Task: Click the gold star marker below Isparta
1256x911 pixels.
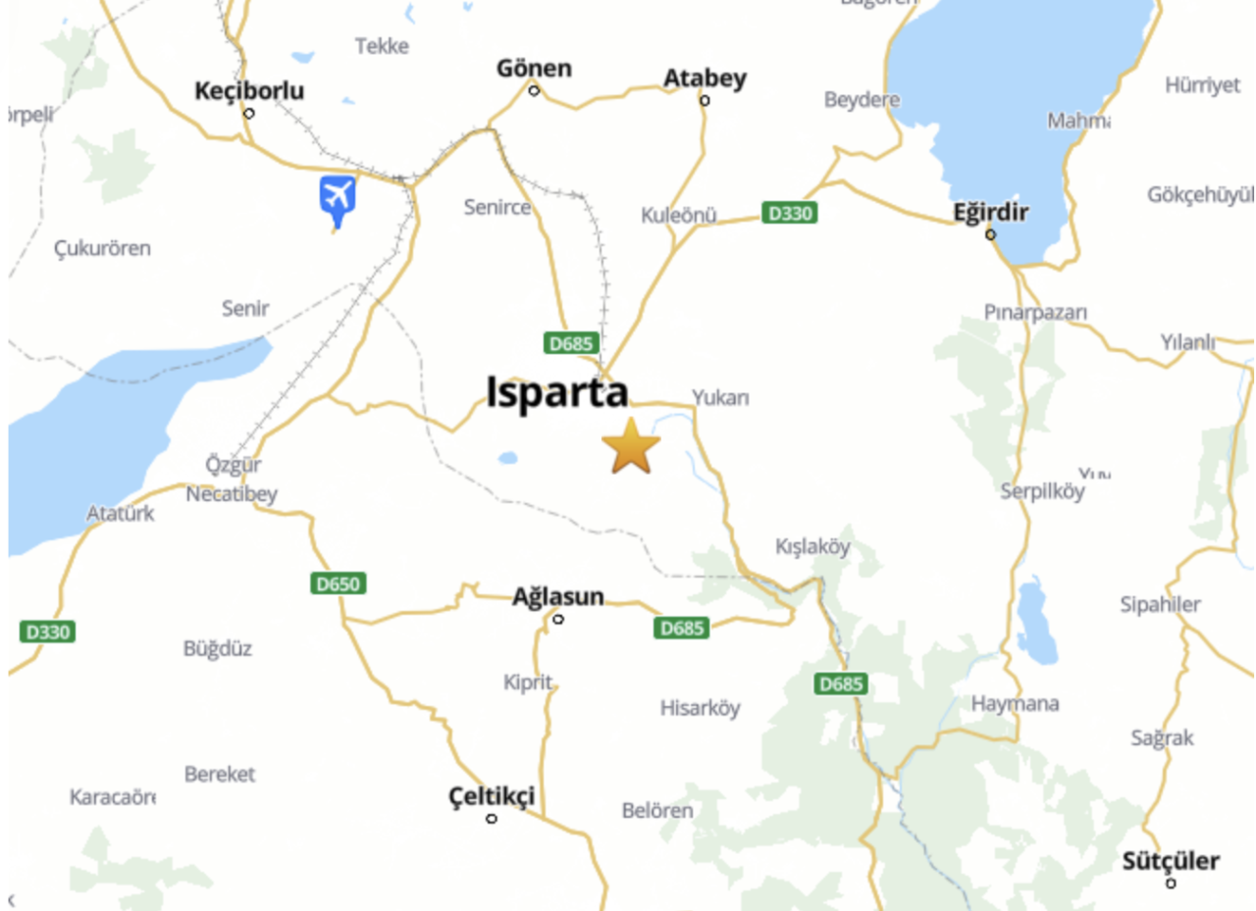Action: [x=631, y=446]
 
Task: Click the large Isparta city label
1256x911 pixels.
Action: [x=557, y=392]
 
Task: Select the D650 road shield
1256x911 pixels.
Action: [x=339, y=583]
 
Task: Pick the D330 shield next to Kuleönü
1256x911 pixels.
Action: [x=789, y=213]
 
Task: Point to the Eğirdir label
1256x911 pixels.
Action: [x=990, y=212]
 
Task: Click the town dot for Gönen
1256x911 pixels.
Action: [x=534, y=90]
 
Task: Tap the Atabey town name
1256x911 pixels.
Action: [x=705, y=78]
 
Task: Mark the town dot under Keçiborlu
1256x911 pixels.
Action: [x=249, y=113]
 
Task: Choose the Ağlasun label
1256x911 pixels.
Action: [x=558, y=597]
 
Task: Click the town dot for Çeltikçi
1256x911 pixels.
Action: [x=492, y=818]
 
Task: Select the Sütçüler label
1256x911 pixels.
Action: [x=1171, y=861]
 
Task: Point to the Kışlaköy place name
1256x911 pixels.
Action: [x=812, y=546]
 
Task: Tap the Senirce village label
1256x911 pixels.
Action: [x=497, y=207]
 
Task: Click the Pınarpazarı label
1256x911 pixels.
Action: [x=1036, y=312]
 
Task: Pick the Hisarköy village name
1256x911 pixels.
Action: [x=700, y=707]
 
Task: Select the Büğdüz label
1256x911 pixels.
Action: [x=218, y=648]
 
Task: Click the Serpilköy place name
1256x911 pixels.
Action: [x=1042, y=491]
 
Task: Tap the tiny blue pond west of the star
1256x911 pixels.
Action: [x=507, y=457]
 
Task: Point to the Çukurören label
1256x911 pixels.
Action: [x=103, y=248]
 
